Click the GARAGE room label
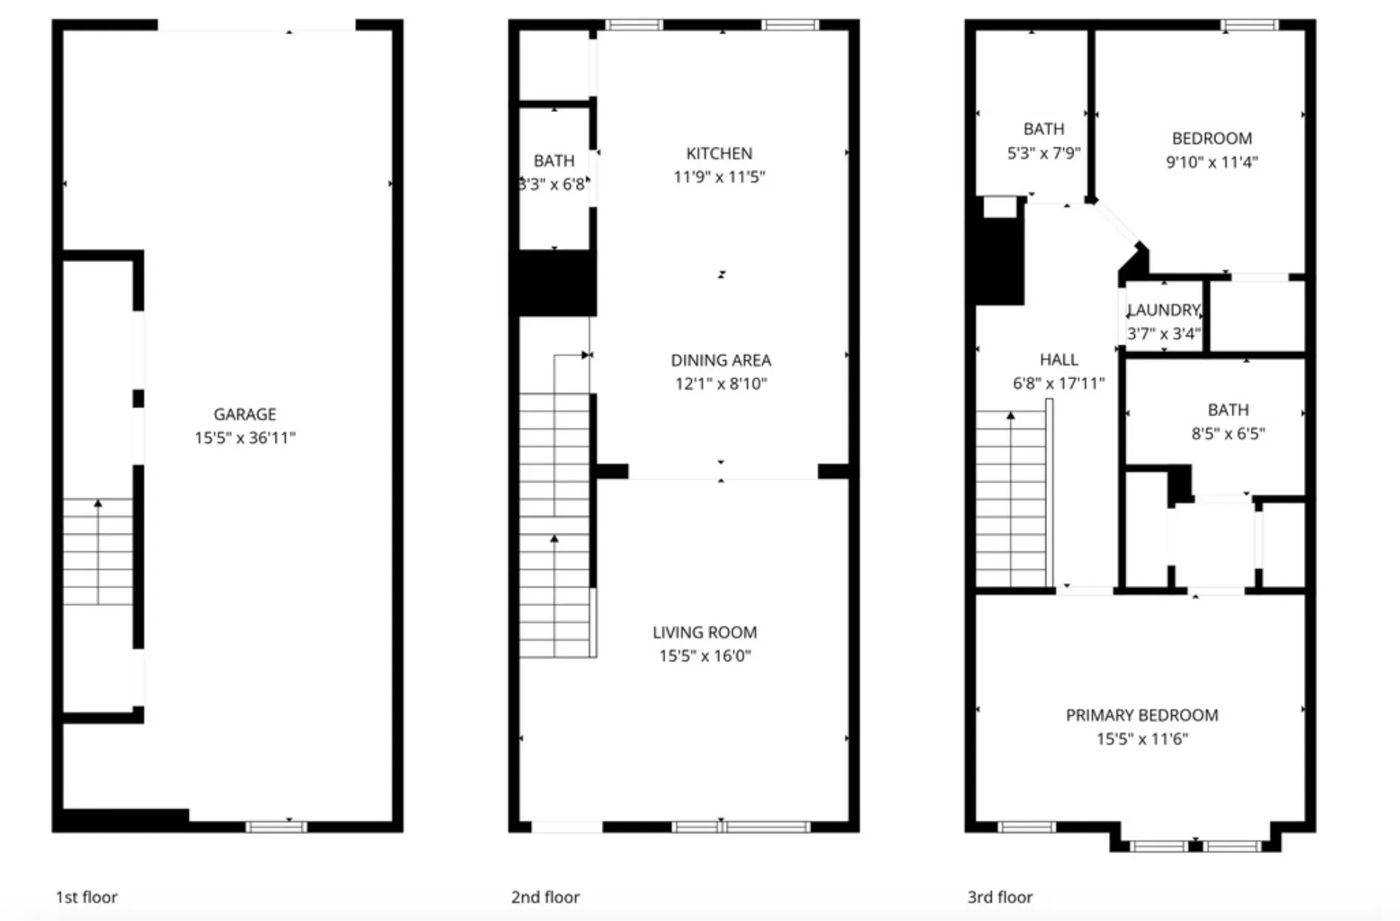244,414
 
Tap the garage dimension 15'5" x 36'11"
244,438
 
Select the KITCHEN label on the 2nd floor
719,153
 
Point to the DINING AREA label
721,360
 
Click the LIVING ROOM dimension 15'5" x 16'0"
704,655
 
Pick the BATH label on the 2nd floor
554,161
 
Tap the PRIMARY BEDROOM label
1142,715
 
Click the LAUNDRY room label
1164,310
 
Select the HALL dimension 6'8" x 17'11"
1058,383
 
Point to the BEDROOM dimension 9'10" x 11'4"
1211,162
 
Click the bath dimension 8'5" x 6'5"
1227,433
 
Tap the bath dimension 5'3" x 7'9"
1043,153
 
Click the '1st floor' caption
86,897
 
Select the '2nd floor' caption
545,897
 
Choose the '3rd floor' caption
1000,897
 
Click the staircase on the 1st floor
97,552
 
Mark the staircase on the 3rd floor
1010,499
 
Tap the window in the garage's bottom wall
276,827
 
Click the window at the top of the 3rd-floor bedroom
1249,25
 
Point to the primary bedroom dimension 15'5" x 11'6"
1142,739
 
